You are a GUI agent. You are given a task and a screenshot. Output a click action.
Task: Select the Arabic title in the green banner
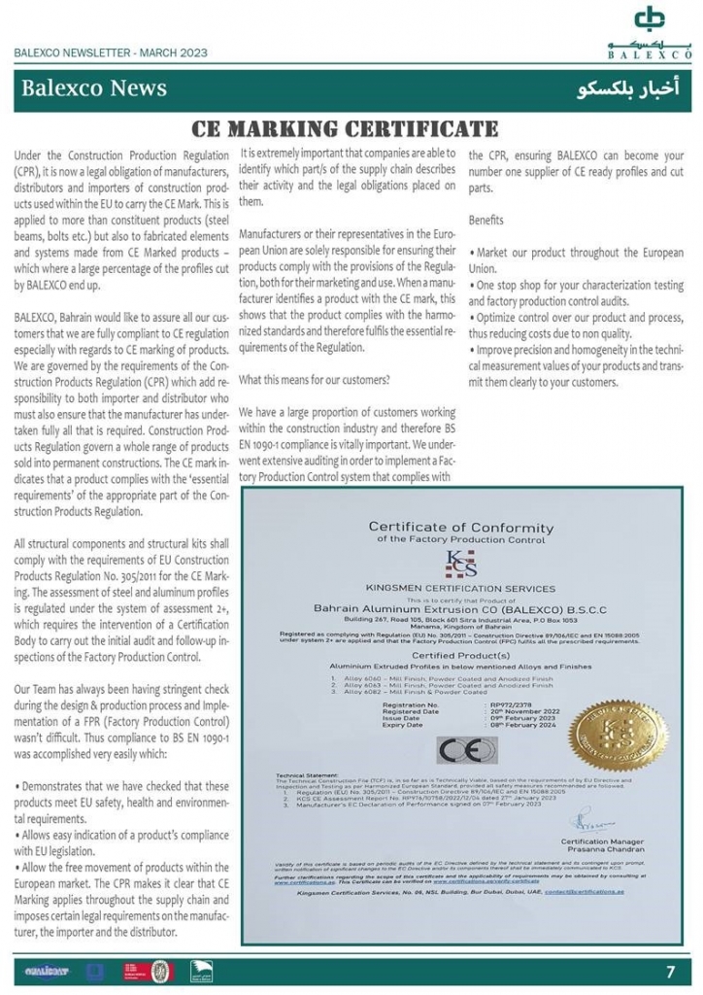coord(628,89)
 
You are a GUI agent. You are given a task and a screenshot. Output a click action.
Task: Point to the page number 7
coord(670,970)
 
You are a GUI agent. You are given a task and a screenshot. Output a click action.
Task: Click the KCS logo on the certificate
coord(455,565)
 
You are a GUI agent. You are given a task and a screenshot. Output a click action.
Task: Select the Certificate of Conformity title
coord(459,528)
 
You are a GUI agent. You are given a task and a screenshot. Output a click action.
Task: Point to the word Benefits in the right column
coord(485,221)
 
